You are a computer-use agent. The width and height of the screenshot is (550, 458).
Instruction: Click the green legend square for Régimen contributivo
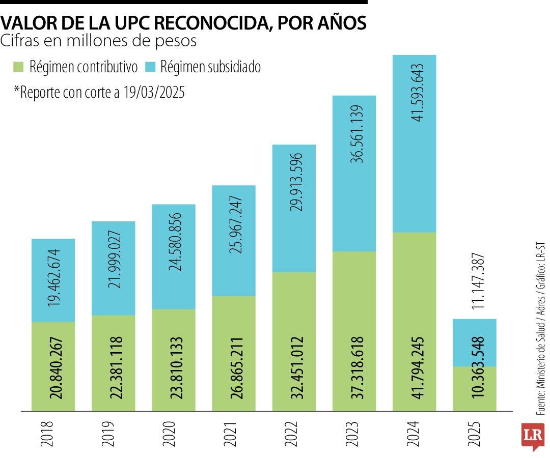[x=19, y=67]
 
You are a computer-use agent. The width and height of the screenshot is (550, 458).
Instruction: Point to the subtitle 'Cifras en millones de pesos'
[x=99, y=41]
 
